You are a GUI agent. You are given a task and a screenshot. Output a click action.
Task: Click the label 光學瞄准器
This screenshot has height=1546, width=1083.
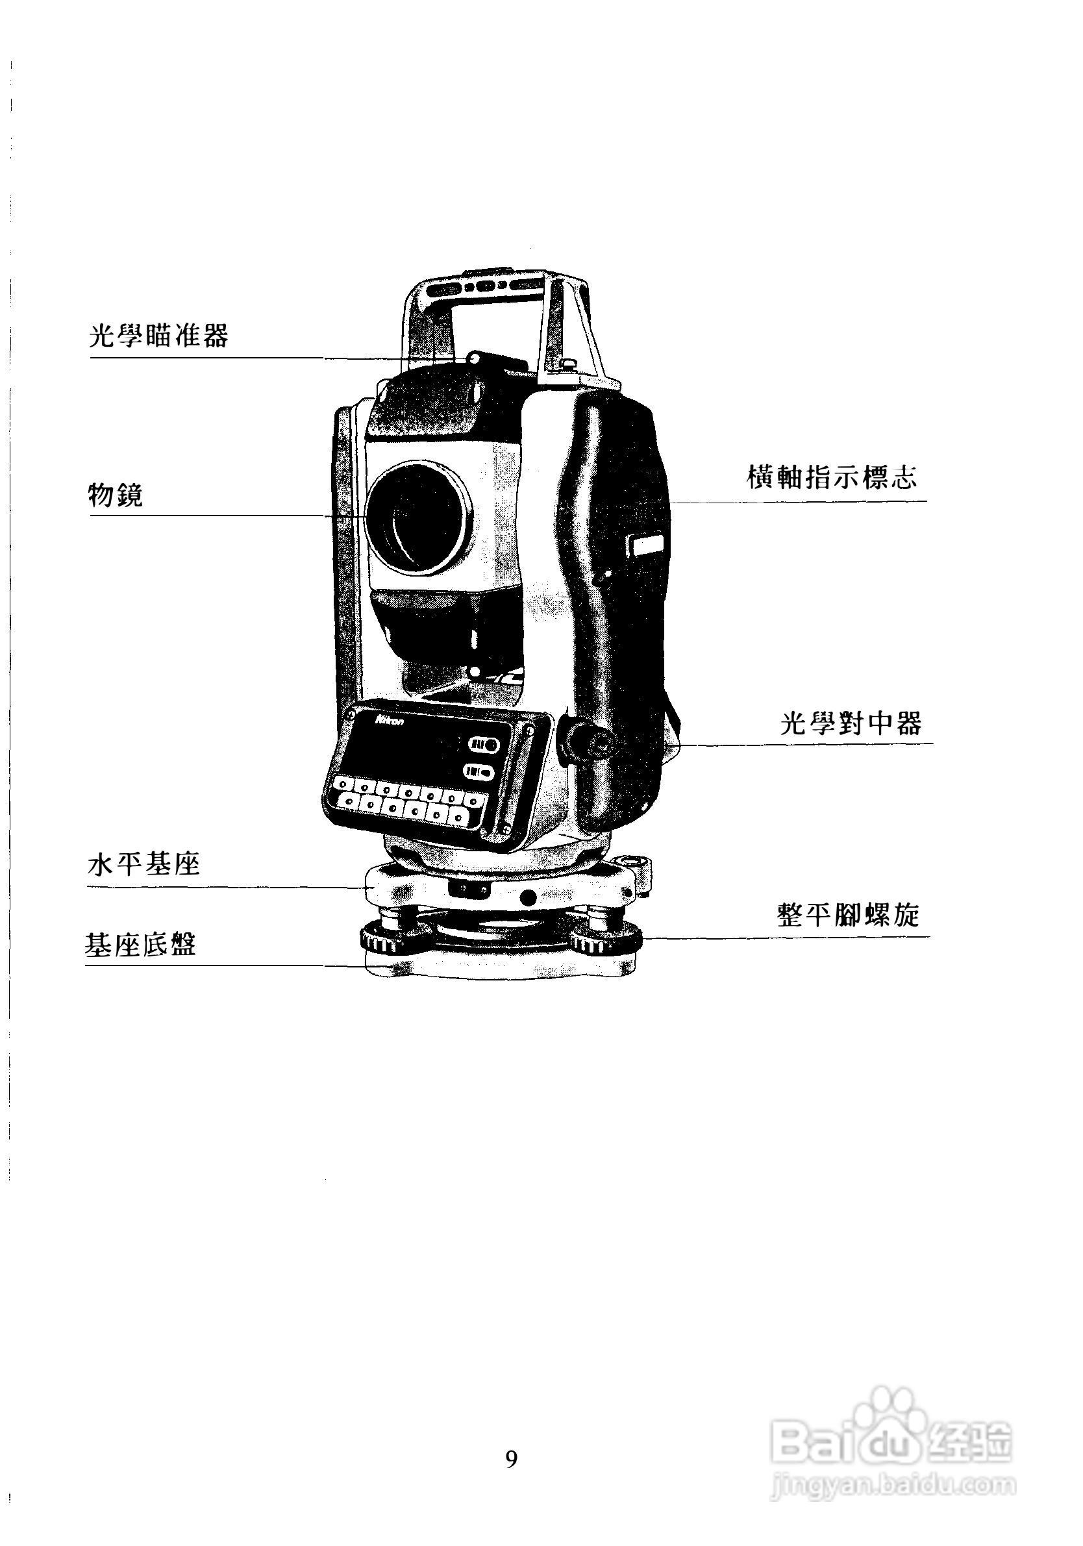click(x=159, y=335)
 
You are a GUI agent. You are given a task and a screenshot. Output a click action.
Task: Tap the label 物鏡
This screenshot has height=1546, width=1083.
click(x=116, y=495)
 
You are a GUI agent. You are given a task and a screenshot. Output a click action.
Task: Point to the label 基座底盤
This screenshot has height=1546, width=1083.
click(x=141, y=945)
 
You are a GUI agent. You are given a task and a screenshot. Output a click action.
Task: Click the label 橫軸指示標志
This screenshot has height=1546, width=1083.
click(x=832, y=477)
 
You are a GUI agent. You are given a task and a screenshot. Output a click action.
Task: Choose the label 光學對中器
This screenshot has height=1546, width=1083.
click(x=851, y=724)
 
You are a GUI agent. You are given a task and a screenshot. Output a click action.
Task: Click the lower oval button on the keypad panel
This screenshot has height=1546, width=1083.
click(x=480, y=772)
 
